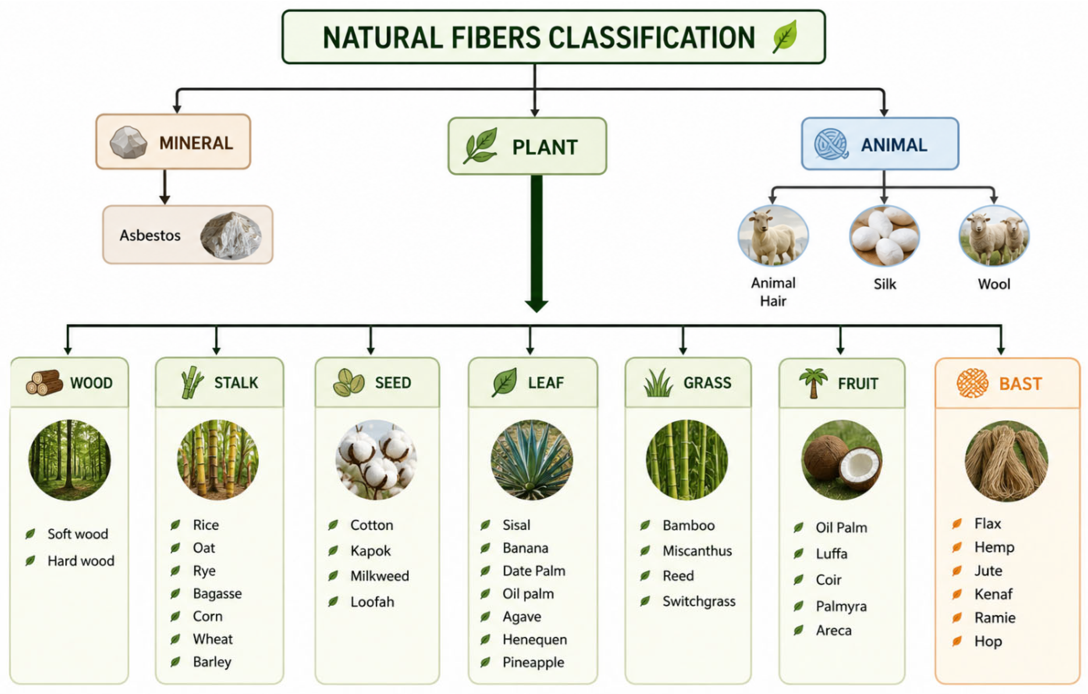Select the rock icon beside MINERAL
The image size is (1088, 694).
point(128,142)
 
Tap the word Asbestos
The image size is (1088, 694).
point(150,235)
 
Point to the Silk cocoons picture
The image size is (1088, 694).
point(884,236)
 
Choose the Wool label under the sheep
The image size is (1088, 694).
point(994,284)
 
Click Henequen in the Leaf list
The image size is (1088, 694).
point(534,640)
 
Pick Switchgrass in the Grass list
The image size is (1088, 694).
point(699,601)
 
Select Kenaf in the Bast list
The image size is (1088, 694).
point(993,594)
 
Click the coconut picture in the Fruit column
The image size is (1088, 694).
point(841,460)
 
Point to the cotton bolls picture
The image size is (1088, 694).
point(376,460)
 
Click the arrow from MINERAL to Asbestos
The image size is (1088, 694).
point(165,187)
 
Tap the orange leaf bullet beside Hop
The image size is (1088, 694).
point(957,641)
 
